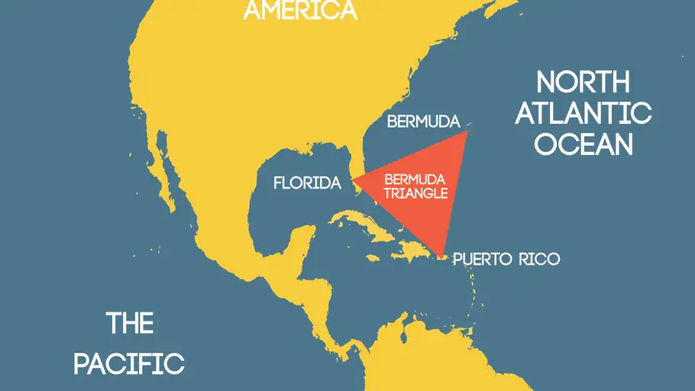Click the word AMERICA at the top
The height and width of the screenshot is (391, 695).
[x=300, y=10]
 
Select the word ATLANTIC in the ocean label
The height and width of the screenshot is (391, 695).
[x=583, y=113]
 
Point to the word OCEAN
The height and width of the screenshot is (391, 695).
[x=583, y=144]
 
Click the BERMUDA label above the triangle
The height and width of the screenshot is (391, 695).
[x=423, y=121]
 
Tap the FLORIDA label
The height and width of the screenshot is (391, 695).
[x=307, y=183]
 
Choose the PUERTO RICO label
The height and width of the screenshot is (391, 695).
[x=506, y=260]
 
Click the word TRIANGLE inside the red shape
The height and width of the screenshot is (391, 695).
[x=415, y=193]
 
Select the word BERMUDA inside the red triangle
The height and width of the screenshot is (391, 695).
[x=413, y=179]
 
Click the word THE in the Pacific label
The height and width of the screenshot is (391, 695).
[x=130, y=323]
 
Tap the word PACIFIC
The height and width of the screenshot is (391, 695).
[x=129, y=363]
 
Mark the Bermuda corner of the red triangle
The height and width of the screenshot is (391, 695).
[x=465, y=133]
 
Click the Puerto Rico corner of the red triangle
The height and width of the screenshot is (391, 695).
[x=443, y=254]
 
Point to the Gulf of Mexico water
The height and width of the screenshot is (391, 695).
[x=290, y=206]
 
